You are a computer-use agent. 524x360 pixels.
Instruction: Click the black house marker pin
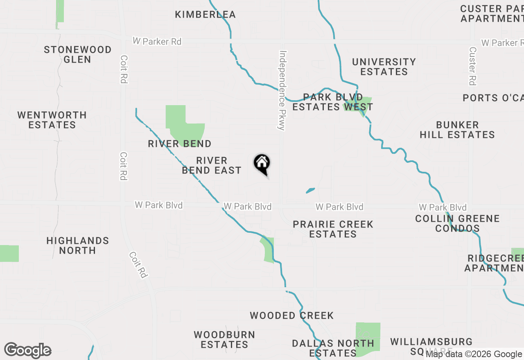coord(262,164)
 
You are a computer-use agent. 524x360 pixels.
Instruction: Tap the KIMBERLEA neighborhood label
coord(205,15)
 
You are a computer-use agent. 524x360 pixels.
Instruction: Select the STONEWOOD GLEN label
coord(78,54)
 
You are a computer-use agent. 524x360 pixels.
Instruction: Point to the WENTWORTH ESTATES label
coord(52,120)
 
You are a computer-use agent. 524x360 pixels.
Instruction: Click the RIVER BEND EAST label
coord(212,165)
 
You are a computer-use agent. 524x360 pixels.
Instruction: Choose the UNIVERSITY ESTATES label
coord(384,67)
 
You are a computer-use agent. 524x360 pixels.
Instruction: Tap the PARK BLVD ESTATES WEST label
coord(332,102)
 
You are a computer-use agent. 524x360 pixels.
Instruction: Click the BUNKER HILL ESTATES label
coord(457,130)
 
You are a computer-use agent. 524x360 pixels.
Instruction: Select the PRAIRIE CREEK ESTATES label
coord(333,229)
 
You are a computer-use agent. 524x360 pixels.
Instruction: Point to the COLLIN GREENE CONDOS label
coord(457,223)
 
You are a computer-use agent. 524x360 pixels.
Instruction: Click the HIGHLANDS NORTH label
coord(78,245)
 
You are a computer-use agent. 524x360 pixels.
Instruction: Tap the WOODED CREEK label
coord(292,315)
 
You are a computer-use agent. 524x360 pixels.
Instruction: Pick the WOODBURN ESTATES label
coord(224,340)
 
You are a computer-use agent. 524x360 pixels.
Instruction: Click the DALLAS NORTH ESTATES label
coord(333,348)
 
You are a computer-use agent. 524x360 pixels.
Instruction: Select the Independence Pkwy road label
coord(282,90)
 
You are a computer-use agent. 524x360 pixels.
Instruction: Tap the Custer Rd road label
coord(473,66)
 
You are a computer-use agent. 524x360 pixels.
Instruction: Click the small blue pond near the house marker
coord(310,190)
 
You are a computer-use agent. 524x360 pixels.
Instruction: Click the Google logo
coord(27,350)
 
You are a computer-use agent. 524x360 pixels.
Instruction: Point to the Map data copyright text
coord(474,354)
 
